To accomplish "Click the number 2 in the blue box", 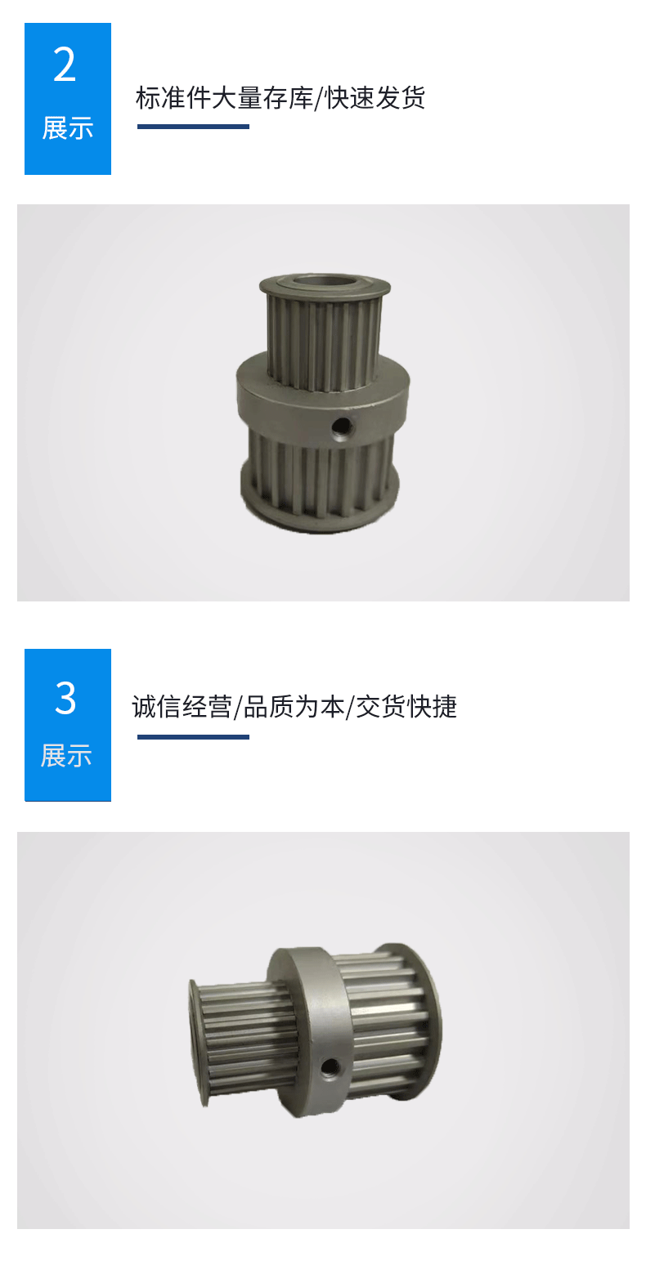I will point(65,65).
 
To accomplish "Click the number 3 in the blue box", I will point(65,699).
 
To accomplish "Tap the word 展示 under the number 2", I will point(68,128).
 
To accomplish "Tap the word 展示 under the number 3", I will point(66,755).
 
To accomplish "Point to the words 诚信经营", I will point(182,707).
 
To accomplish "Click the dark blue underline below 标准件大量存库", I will point(193,127).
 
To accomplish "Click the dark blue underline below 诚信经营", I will point(193,737).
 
